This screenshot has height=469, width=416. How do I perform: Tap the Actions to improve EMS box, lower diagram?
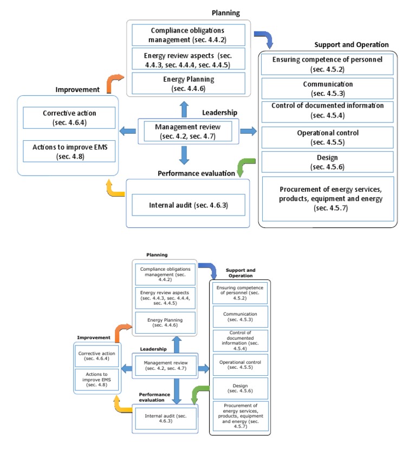(x=97, y=377)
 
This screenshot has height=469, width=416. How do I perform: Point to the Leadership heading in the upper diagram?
(x=219, y=113)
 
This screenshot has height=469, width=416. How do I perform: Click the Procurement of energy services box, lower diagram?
(x=239, y=416)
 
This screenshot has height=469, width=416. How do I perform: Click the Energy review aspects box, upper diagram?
(x=187, y=60)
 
